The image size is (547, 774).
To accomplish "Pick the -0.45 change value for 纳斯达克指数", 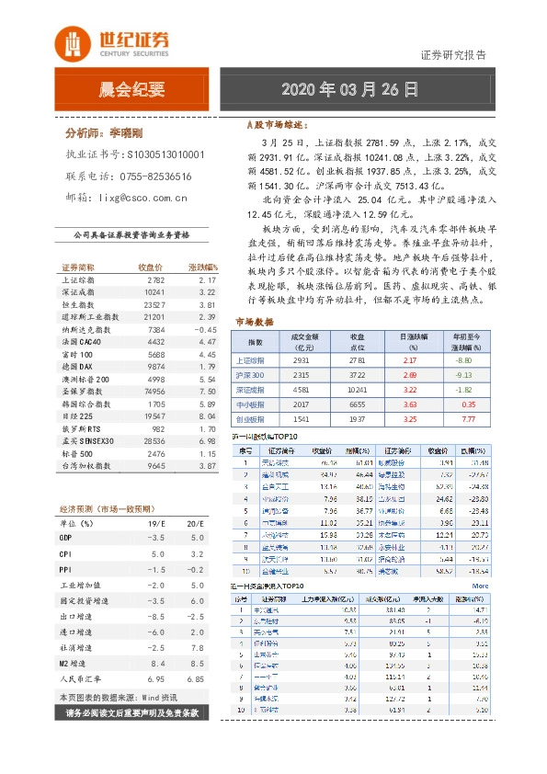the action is click(x=204, y=328).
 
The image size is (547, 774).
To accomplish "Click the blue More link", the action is click(x=480, y=584).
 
